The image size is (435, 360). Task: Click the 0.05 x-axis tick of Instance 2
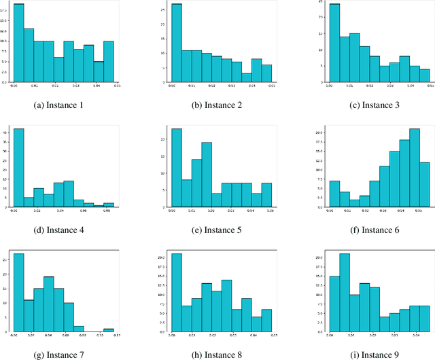click(x=272, y=86)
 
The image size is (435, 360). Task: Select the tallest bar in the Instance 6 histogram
click(x=415, y=168)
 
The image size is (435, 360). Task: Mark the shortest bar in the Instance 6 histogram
click(x=354, y=203)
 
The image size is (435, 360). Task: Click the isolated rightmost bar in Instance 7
click(x=109, y=331)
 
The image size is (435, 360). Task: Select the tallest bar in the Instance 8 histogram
click(x=176, y=293)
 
